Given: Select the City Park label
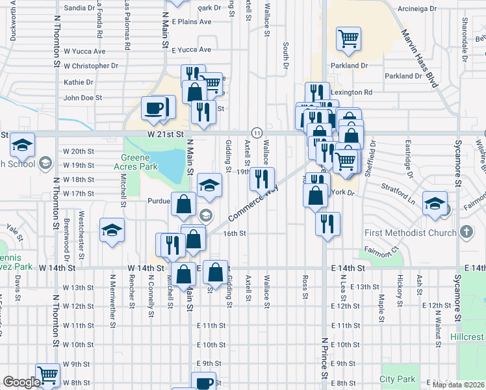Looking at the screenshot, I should point(398,379).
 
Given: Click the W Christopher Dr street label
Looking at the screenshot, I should point(91,66).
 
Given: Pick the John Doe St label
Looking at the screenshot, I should point(83,98).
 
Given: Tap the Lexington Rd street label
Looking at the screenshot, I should point(351,92).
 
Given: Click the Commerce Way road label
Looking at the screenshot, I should point(252,203).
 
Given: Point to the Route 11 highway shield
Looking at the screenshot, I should point(257,133).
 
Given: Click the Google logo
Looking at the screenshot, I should point(21,382).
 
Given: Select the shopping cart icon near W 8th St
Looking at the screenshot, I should point(48,374).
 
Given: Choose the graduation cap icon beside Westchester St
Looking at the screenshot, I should point(112,230).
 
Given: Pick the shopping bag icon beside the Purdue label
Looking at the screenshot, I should point(184,203).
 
